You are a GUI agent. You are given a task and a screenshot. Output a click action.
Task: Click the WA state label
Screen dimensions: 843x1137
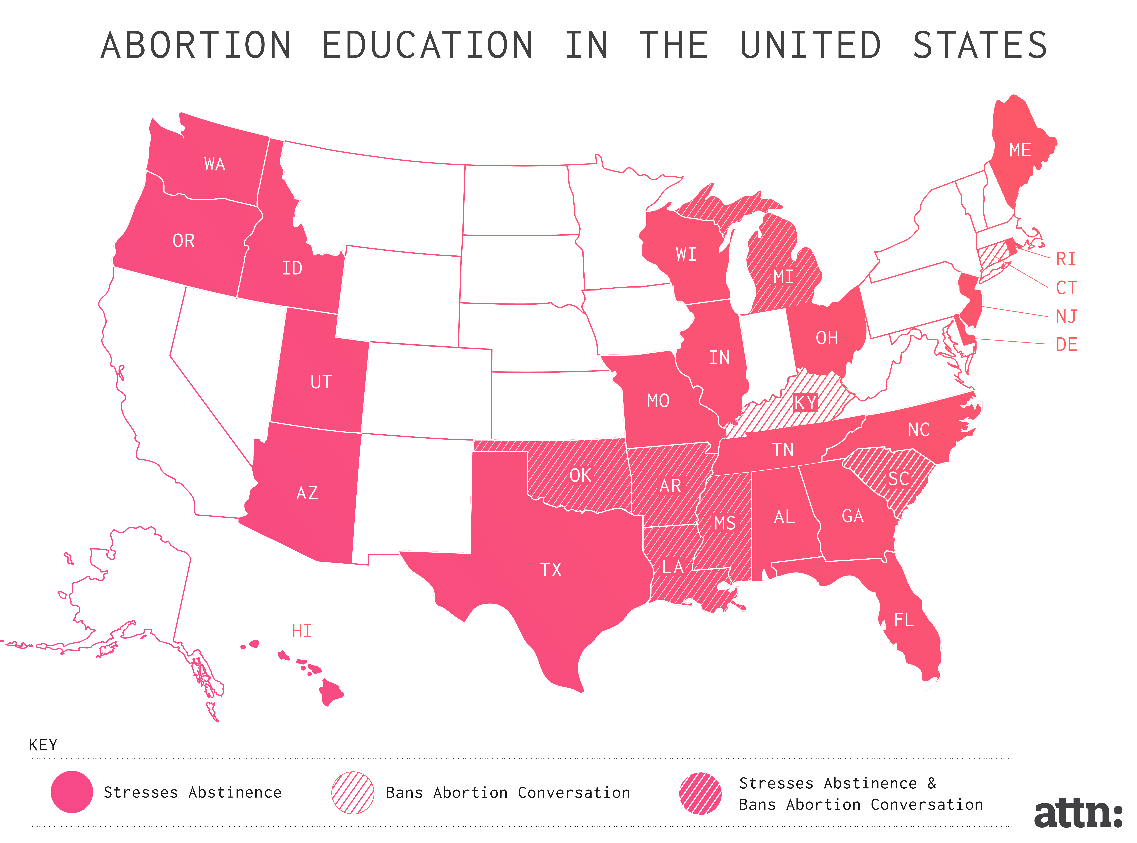(x=214, y=164)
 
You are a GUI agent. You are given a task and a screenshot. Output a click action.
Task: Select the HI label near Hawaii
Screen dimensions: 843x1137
(x=301, y=631)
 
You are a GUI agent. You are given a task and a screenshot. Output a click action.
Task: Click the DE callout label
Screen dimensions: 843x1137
(x=1066, y=345)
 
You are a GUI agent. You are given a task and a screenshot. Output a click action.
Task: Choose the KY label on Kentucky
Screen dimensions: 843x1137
(x=805, y=403)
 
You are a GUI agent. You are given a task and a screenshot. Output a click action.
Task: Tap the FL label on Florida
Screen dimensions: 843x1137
(x=904, y=620)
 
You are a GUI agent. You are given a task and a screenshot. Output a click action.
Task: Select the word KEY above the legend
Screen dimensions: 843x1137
(x=43, y=745)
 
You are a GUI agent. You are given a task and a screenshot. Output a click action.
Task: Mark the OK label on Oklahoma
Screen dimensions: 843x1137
(x=580, y=476)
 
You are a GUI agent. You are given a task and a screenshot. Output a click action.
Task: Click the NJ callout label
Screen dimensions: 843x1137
(x=1066, y=316)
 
